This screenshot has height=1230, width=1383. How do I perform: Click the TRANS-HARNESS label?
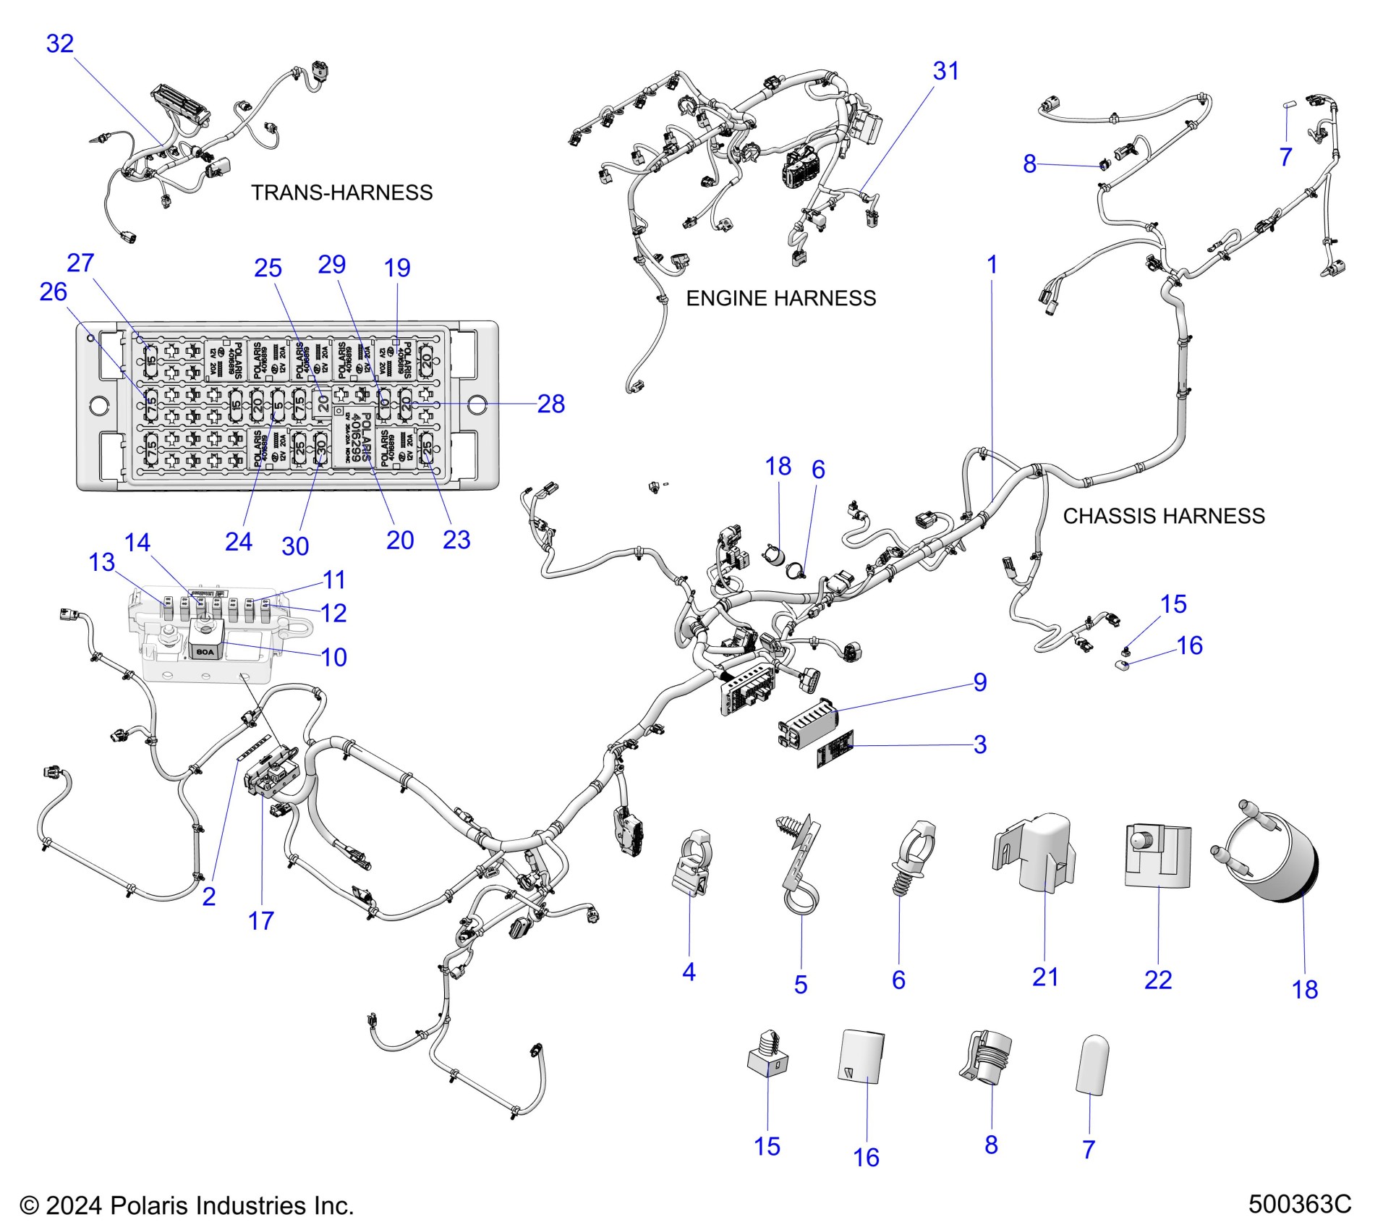[341, 192]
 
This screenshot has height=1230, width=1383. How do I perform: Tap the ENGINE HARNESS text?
[780, 298]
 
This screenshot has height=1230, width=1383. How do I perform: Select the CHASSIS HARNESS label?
[1163, 516]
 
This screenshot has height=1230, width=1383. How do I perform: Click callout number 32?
[60, 43]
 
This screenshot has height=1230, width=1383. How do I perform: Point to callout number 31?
[945, 71]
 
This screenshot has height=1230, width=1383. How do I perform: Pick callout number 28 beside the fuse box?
[550, 404]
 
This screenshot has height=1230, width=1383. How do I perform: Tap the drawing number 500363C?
[1299, 1204]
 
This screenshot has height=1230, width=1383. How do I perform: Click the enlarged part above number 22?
[1157, 855]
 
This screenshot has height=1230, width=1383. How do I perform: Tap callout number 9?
[979, 682]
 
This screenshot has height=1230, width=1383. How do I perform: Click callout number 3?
[979, 744]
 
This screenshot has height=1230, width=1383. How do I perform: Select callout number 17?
[260, 920]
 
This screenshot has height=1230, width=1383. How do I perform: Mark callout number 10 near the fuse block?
[333, 657]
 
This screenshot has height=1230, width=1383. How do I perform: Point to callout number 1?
[992, 264]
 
